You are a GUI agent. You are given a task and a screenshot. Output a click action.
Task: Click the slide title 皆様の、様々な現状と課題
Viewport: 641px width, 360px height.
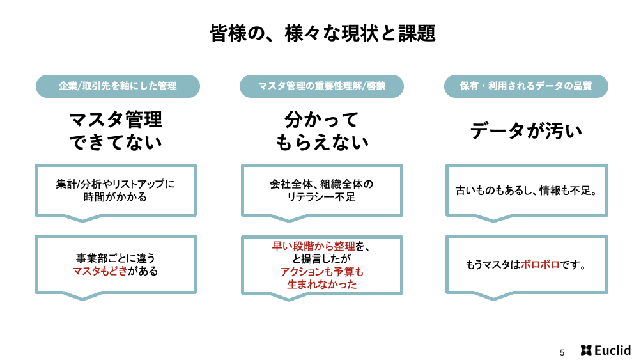322,33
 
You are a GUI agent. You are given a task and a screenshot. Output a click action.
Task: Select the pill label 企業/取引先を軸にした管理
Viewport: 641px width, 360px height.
118,86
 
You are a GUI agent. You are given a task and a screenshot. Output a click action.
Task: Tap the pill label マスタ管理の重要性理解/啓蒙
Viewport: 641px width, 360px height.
321,86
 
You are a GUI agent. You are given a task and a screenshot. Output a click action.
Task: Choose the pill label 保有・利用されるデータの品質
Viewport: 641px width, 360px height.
526,86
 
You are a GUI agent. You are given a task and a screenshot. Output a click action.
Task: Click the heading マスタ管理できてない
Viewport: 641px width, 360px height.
116,131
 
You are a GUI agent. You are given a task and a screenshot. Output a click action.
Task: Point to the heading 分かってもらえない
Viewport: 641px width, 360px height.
321,131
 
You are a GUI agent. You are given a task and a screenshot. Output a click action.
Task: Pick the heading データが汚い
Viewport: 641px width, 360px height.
526,131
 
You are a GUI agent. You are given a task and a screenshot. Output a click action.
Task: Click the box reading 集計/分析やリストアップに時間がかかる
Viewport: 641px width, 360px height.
116,191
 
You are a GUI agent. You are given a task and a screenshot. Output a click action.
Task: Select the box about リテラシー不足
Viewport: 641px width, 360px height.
321,191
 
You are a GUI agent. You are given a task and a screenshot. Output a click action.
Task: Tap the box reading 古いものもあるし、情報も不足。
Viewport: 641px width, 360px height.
527,191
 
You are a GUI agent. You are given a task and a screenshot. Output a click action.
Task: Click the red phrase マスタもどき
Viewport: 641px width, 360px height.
100,271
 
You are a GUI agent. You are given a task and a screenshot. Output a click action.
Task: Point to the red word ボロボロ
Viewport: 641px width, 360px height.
540,265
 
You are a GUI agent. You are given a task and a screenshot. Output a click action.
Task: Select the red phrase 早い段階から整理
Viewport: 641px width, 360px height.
314,246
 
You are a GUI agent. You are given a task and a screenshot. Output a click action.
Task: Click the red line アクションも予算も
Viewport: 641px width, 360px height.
321,272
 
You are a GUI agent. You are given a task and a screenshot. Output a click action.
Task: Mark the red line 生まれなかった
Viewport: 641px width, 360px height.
321,285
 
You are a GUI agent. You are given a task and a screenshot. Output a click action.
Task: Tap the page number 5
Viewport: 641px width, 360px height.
562,352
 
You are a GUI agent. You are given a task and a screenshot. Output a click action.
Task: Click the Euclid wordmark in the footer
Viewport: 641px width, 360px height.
612,350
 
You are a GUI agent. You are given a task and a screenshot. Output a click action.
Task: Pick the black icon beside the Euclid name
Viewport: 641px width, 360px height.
586,350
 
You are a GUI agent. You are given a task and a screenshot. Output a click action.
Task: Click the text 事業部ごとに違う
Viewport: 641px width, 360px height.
116,258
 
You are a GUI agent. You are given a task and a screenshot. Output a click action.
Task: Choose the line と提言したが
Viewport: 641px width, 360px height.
321,259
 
